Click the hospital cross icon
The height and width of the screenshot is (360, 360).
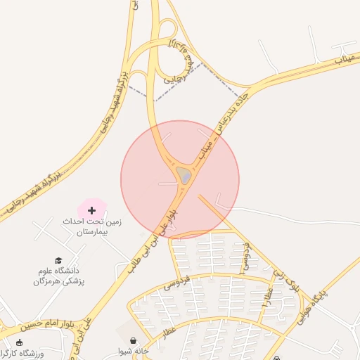tap(91, 210)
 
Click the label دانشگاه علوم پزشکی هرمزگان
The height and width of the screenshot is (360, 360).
tap(58, 276)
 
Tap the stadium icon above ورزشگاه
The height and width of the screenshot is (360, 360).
tap(19, 342)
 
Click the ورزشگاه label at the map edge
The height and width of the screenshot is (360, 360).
tap(25, 352)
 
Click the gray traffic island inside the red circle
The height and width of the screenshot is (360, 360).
tap(183, 175)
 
